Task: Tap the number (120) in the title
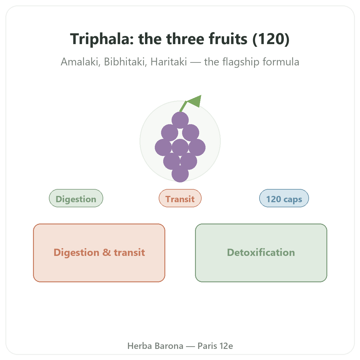pyautogui.click(x=271, y=39)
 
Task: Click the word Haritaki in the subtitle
pyautogui.click(x=169, y=62)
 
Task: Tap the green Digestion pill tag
pyautogui.click(x=76, y=198)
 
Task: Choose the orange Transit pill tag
pyautogui.click(x=180, y=198)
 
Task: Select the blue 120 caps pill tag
pyautogui.click(x=284, y=198)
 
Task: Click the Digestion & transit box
pyautogui.click(x=99, y=253)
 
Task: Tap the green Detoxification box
pyautogui.click(x=261, y=253)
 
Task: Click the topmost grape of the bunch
pyautogui.click(x=180, y=120)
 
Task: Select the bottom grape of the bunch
pyautogui.click(x=180, y=174)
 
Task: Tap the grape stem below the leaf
pyautogui.click(x=183, y=107)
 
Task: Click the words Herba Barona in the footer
pyautogui.click(x=155, y=346)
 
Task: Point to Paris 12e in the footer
pyautogui.click(x=215, y=346)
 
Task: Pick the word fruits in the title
pyautogui.click(x=228, y=39)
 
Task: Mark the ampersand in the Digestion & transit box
pyautogui.click(x=107, y=252)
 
